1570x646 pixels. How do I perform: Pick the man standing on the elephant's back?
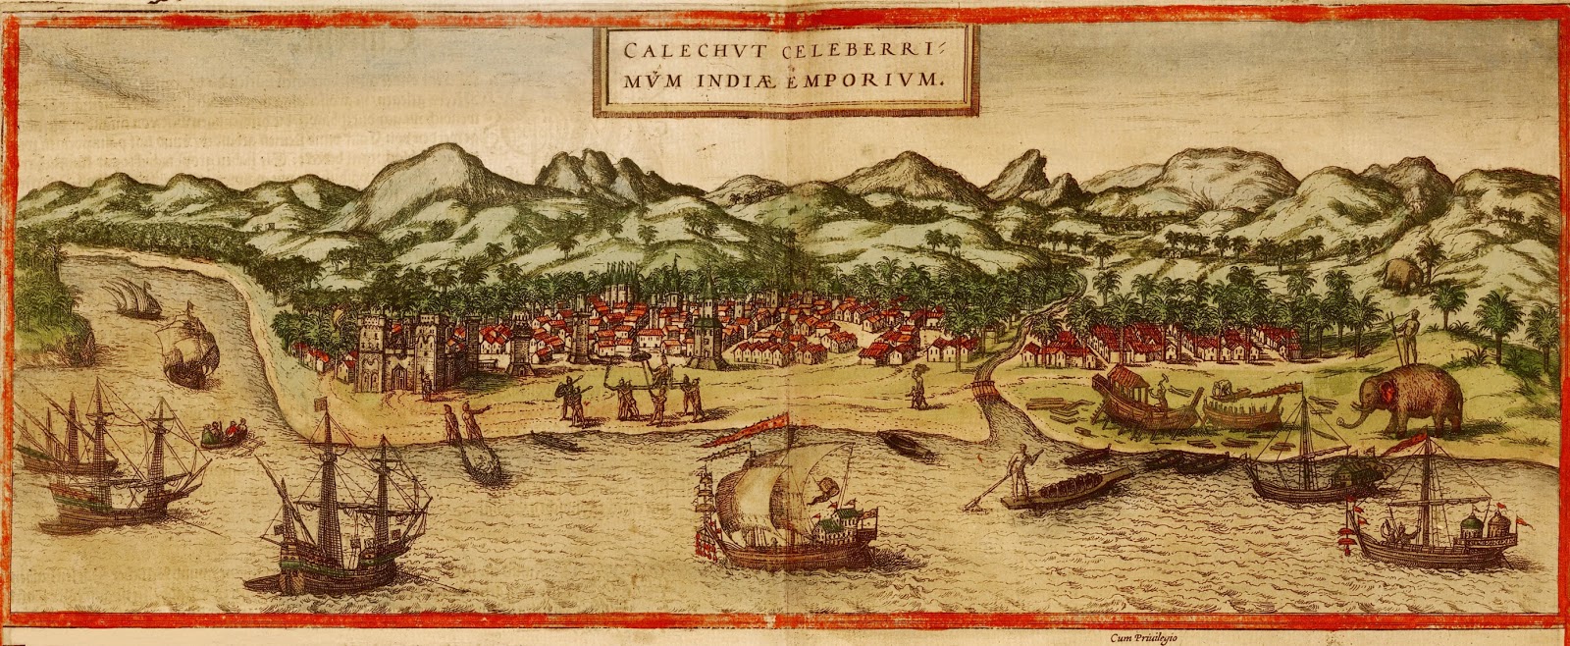pos(1411,339)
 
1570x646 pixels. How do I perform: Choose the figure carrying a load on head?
pos(920,385)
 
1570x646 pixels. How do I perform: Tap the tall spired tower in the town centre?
pos(706,324)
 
